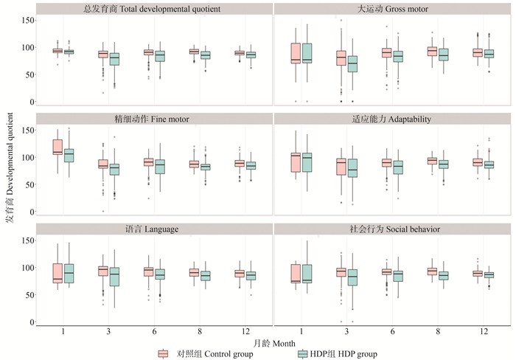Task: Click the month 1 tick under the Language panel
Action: (x=63, y=330)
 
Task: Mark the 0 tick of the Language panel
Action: (x=30, y=322)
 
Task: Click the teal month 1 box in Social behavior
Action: (x=307, y=274)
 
